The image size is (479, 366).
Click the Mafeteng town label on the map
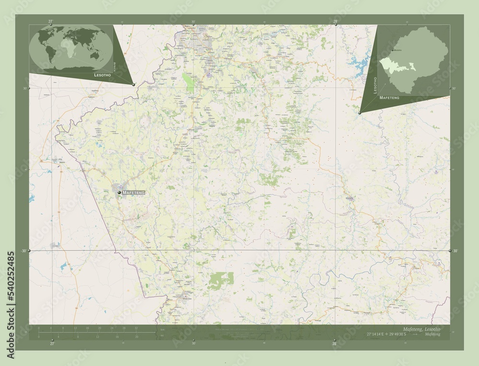pyautogui.click(x=133, y=192)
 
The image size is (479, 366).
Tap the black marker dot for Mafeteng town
pyautogui.click(x=119, y=192)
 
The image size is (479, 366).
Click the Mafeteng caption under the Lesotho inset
pyautogui.click(x=388, y=97)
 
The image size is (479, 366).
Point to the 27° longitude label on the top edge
pyautogui.click(x=51, y=21)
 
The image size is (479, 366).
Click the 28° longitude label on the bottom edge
pyautogui.click(x=335, y=343)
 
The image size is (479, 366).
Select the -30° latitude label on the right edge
pyautogui.click(x=455, y=251)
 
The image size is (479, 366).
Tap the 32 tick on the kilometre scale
pyautogui.click(x=136, y=328)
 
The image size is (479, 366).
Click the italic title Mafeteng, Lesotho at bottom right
pyautogui.click(x=422, y=330)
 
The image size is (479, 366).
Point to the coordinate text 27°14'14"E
pyautogui.click(x=378, y=335)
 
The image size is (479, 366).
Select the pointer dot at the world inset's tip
pyautogui.click(x=134, y=84)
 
